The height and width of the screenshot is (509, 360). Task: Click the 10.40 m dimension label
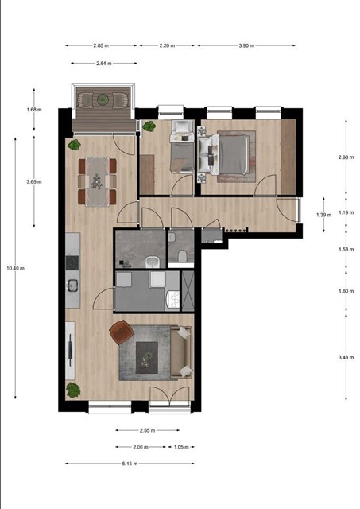point(16,268)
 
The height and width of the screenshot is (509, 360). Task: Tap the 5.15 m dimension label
point(130,464)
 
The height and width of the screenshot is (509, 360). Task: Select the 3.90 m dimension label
point(246,45)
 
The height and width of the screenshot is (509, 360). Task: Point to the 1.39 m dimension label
point(323,215)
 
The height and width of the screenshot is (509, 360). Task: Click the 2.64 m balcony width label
point(104,64)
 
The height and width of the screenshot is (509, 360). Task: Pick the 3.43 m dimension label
point(346,357)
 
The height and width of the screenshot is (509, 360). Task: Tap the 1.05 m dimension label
point(181,447)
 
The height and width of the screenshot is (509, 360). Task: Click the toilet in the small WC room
point(182,256)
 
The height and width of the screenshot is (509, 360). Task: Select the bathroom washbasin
point(152,262)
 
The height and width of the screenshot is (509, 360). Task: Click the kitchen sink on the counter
point(72,286)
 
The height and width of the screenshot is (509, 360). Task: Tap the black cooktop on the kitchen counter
point(72,263)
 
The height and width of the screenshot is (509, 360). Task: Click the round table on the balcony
point(103,99)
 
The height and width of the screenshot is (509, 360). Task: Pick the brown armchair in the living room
point(122,332)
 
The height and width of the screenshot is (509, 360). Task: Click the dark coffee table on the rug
point(147,357)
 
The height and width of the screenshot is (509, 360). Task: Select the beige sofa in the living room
point(181,352)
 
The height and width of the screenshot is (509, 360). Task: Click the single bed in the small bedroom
point(182,146)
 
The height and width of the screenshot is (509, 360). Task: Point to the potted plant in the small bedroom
point(149,126)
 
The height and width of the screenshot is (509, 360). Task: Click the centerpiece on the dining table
point(97,182)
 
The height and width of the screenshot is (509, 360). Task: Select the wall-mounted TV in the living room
point(70,351)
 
